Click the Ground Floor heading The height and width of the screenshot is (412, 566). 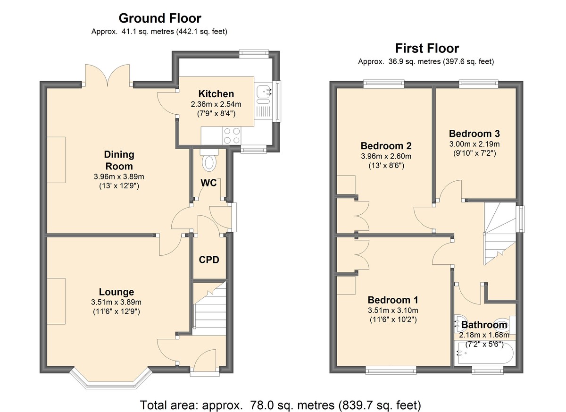pos(160,18)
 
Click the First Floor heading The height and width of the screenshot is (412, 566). pos(427,48)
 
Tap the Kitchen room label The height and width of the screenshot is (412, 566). pos(216,94)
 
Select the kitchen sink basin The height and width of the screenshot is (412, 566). pos(263,90)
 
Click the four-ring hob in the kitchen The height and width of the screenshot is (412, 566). pos(232,135)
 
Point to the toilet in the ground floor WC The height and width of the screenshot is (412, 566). pos(209,160)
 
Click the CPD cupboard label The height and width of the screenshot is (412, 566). pos(209,260)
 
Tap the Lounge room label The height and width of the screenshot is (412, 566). pos(116,292)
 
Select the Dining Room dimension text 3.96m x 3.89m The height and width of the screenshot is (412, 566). pos(119,177)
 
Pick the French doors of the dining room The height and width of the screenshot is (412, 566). pos(108,76)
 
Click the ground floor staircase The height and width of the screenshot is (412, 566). pos(209,308)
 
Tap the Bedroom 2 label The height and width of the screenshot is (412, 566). pos(386,146)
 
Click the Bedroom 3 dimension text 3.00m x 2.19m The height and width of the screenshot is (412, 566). pos(474,144)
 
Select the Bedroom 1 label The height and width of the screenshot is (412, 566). pos(393,300)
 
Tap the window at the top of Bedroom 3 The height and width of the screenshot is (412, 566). pos(478,84)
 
